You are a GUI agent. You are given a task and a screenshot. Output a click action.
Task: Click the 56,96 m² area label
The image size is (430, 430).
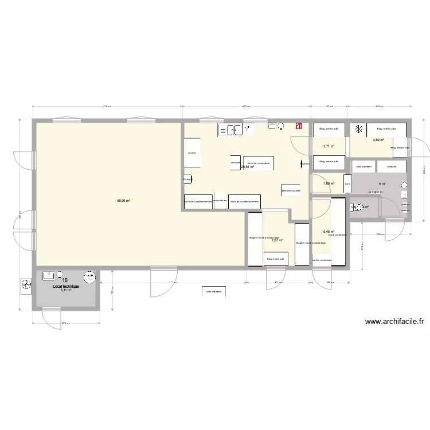pos(123,201)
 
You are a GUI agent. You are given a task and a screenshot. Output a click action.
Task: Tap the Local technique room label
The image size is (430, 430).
pos(65,286)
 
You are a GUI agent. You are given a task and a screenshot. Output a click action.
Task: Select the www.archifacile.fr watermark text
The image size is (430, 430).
pos(394,322)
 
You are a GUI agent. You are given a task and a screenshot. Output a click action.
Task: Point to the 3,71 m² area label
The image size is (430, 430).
pos(329,146)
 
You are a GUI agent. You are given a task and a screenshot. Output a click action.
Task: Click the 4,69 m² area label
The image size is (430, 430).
pos(378,140)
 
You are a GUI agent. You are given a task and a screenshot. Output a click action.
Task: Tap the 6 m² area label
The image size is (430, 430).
pos(382,184)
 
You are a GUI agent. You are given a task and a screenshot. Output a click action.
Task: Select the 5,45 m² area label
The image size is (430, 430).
pos(329,232)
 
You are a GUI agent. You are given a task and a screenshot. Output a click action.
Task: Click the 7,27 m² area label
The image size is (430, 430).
pos(277,240)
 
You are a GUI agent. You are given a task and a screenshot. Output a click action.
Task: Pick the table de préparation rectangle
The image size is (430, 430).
pos(259,163)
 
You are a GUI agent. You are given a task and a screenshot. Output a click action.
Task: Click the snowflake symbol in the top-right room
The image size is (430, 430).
pos(358,130)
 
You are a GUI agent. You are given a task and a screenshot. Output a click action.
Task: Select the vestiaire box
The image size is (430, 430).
pos(392,166)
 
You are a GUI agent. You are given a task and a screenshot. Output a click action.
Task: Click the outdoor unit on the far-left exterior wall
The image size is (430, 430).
pos(26,284)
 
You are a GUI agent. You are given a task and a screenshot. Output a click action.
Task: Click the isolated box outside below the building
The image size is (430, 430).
pos(212,291)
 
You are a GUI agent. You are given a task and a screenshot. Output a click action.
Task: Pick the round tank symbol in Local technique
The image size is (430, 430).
pos(89,277)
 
